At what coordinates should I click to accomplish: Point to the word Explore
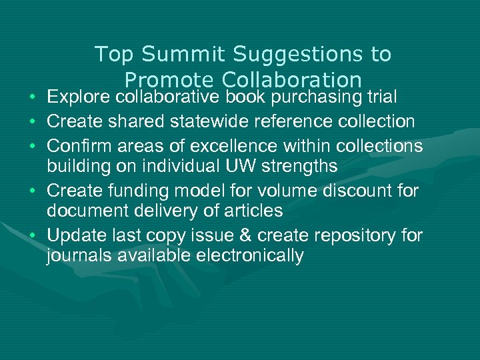79,97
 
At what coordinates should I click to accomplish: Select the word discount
358,191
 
